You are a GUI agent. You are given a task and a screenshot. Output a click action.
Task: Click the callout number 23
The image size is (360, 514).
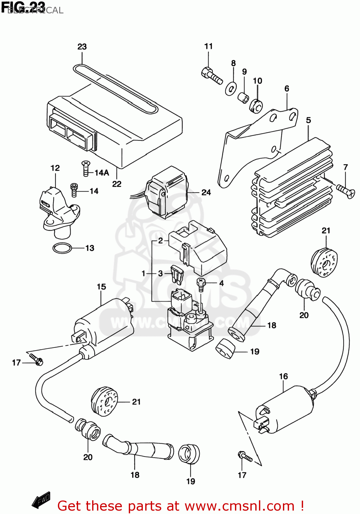[82, 47]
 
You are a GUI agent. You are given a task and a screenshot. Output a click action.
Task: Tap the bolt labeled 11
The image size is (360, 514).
[211, 75]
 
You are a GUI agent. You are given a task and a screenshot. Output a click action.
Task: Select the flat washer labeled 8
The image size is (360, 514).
[231, 89]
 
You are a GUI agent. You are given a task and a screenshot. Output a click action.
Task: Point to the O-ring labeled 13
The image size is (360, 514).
[62, 248]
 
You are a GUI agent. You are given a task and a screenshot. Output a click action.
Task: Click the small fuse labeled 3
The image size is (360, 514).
[177, 274]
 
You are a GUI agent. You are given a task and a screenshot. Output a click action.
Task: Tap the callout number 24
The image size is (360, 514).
[206, 192]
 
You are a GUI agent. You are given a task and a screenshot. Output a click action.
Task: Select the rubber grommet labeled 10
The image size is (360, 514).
[256, 106]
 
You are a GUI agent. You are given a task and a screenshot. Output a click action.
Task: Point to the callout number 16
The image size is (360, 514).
[283, 376]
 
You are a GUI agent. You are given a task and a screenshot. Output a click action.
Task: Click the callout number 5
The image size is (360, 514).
[308, 120]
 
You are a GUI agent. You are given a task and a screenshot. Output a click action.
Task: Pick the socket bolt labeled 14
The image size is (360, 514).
[74, 189]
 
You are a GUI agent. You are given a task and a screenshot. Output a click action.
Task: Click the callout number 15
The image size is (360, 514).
[101, 287]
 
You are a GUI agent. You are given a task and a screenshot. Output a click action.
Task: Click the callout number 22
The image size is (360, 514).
[117, 184]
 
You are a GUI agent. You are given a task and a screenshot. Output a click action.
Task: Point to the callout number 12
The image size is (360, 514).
[55, 168]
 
